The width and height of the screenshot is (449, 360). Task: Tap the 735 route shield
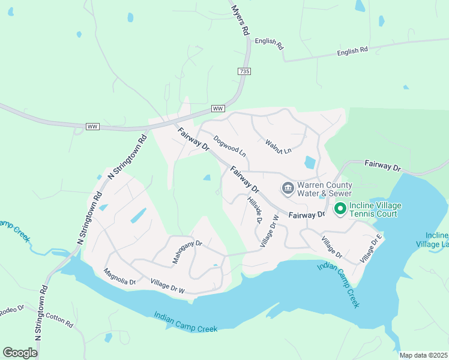coord(244,71)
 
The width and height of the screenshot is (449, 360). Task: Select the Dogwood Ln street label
coord(229,145)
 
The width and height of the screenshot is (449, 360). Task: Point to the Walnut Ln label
coord(278,146)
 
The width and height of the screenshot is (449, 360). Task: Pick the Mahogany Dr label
coord(188,253)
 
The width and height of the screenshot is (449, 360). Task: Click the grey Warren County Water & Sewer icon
coord(288,189)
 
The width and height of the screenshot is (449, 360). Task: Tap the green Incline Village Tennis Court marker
coord(340,209)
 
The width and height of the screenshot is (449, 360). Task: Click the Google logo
coord(20,353)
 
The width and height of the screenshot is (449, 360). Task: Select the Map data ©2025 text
coord(423,355)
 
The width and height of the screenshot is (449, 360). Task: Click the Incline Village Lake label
coord(433,239)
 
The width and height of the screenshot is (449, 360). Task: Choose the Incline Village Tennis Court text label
coord(376,209)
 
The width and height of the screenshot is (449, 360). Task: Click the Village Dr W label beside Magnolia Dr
coord(168,286)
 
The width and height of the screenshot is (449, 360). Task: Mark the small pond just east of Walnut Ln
coord(310,162)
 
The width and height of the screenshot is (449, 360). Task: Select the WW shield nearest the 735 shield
coord(218,109)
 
